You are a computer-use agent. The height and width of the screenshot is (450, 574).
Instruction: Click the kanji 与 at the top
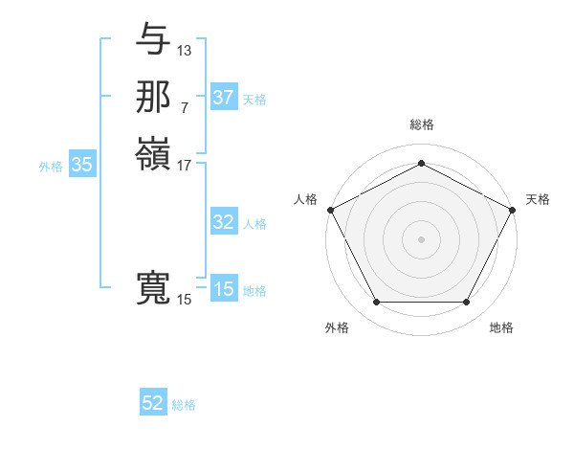[153, 40]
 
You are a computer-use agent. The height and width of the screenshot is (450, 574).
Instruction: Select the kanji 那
[153, 96]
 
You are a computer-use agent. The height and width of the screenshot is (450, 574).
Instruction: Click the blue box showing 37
[223, 98]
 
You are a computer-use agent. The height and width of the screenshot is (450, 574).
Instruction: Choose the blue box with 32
[223, 223]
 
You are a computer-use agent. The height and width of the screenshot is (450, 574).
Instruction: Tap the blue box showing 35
[82, 165]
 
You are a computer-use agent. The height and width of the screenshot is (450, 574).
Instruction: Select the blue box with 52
[153, 403]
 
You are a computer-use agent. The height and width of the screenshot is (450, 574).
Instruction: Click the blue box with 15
[223, 289]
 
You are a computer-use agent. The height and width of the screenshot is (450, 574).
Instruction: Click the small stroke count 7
[185, 107]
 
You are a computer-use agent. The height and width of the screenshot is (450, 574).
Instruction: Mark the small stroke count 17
[185, 165]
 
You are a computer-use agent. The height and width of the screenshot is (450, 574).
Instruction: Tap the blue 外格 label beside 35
[51, 166]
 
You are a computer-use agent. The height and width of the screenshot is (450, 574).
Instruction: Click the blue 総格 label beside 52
[184, 405]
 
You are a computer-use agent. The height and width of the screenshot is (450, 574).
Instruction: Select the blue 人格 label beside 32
[254, 224]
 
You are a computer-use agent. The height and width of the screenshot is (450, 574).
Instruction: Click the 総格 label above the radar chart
[421, 125]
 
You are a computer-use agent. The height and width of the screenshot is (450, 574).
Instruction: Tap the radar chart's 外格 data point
[376, 303]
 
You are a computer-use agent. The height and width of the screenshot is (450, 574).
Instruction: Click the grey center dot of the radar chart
[421, 238]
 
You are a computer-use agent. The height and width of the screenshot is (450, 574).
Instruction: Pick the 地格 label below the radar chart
[501, 327]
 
